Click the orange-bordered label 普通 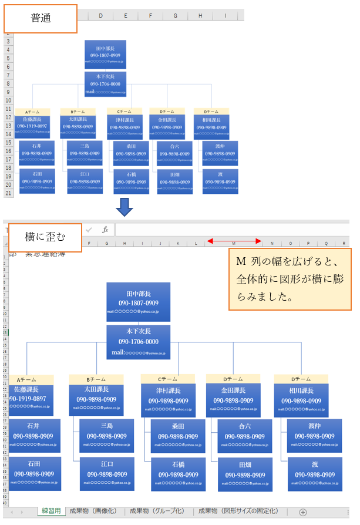pos(41,19)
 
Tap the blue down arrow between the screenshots pos(125,207)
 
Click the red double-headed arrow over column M pos(234,241)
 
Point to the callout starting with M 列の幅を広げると pos(290,280)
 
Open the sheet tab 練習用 pos(51,511)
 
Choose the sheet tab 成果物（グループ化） pos(157,511)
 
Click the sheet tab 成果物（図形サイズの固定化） pos(238,511)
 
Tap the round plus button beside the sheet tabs pos(303,512)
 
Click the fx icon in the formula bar pos(105,230)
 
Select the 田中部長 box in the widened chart pos(138,302)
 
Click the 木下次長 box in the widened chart pos(138,341)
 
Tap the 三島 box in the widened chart pos(107,435)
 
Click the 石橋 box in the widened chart pos(178,474)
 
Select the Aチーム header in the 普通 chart pos(33,112)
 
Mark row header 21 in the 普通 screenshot pos(8,193)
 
